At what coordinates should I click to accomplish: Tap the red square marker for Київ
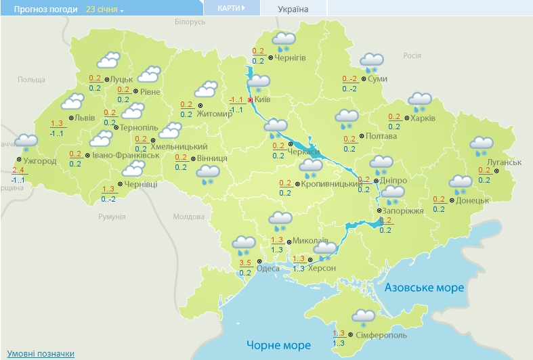click(x=250, y=99)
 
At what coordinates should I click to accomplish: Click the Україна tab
click(x=293, y=9)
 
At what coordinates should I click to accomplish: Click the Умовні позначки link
click(x=41, y=354)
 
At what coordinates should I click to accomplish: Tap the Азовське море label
click(x=424, y=288)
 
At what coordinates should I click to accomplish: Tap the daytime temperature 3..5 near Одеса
click(x=245, y=263)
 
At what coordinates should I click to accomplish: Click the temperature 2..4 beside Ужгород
click(x=18, y=169)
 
